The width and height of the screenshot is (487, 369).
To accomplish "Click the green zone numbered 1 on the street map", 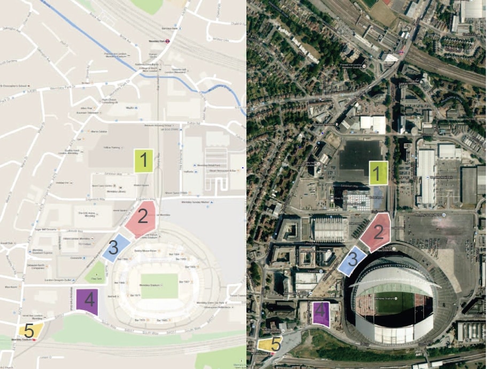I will pyautogui.click(x=143, y=160).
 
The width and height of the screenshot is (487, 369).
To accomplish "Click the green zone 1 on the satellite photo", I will pyautogui.click(x=378, y=173).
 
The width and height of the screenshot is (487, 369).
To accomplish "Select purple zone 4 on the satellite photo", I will pyautogui.click(x=320, y=314).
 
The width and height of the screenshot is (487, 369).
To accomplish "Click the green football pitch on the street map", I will pyautogui.click(x=160, y=286).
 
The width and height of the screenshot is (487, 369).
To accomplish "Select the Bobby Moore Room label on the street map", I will pyautogui.click(x=145, y=250).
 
